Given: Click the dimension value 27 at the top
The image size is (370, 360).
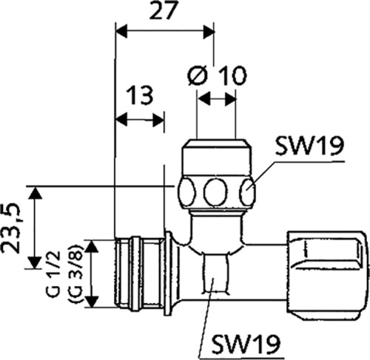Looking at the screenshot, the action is pyautogui.click(x=164, y=10).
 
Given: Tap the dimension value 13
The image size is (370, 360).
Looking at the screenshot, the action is pyautogui.click(x=140, y=95).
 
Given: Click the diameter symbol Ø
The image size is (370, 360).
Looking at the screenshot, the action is pyautogui.click(x=198, y=75).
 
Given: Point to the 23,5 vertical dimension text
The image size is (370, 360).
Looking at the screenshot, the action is pyautogui.click(x=11, y=228).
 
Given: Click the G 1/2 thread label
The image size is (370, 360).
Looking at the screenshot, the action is pyautogui.click(x=53, y=274).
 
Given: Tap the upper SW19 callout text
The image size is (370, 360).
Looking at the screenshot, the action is pyautogui.click(x=309, y=146).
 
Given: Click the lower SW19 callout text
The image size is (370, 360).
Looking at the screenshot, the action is pyautogui.click(x=246, y=344).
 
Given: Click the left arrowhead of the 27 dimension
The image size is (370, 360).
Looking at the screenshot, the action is pyautogui.click(x=121, y=32).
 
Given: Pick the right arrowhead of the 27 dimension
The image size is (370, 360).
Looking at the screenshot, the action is pyautogui.click(x=209, y=32).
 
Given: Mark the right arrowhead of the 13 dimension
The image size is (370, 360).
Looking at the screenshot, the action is pyautogui.click(x=158, y=120).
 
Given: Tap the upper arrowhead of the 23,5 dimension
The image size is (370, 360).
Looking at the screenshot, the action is pyautogui.click(x=36, y=192).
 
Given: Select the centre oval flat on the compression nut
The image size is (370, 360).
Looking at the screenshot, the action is pyautogui.click(x=215, y=192).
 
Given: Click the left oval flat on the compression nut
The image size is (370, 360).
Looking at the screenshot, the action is pyautogui.click(x=186, y=191).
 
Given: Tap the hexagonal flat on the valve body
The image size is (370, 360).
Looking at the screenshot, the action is pyautogui.click(x=215, y=274).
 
